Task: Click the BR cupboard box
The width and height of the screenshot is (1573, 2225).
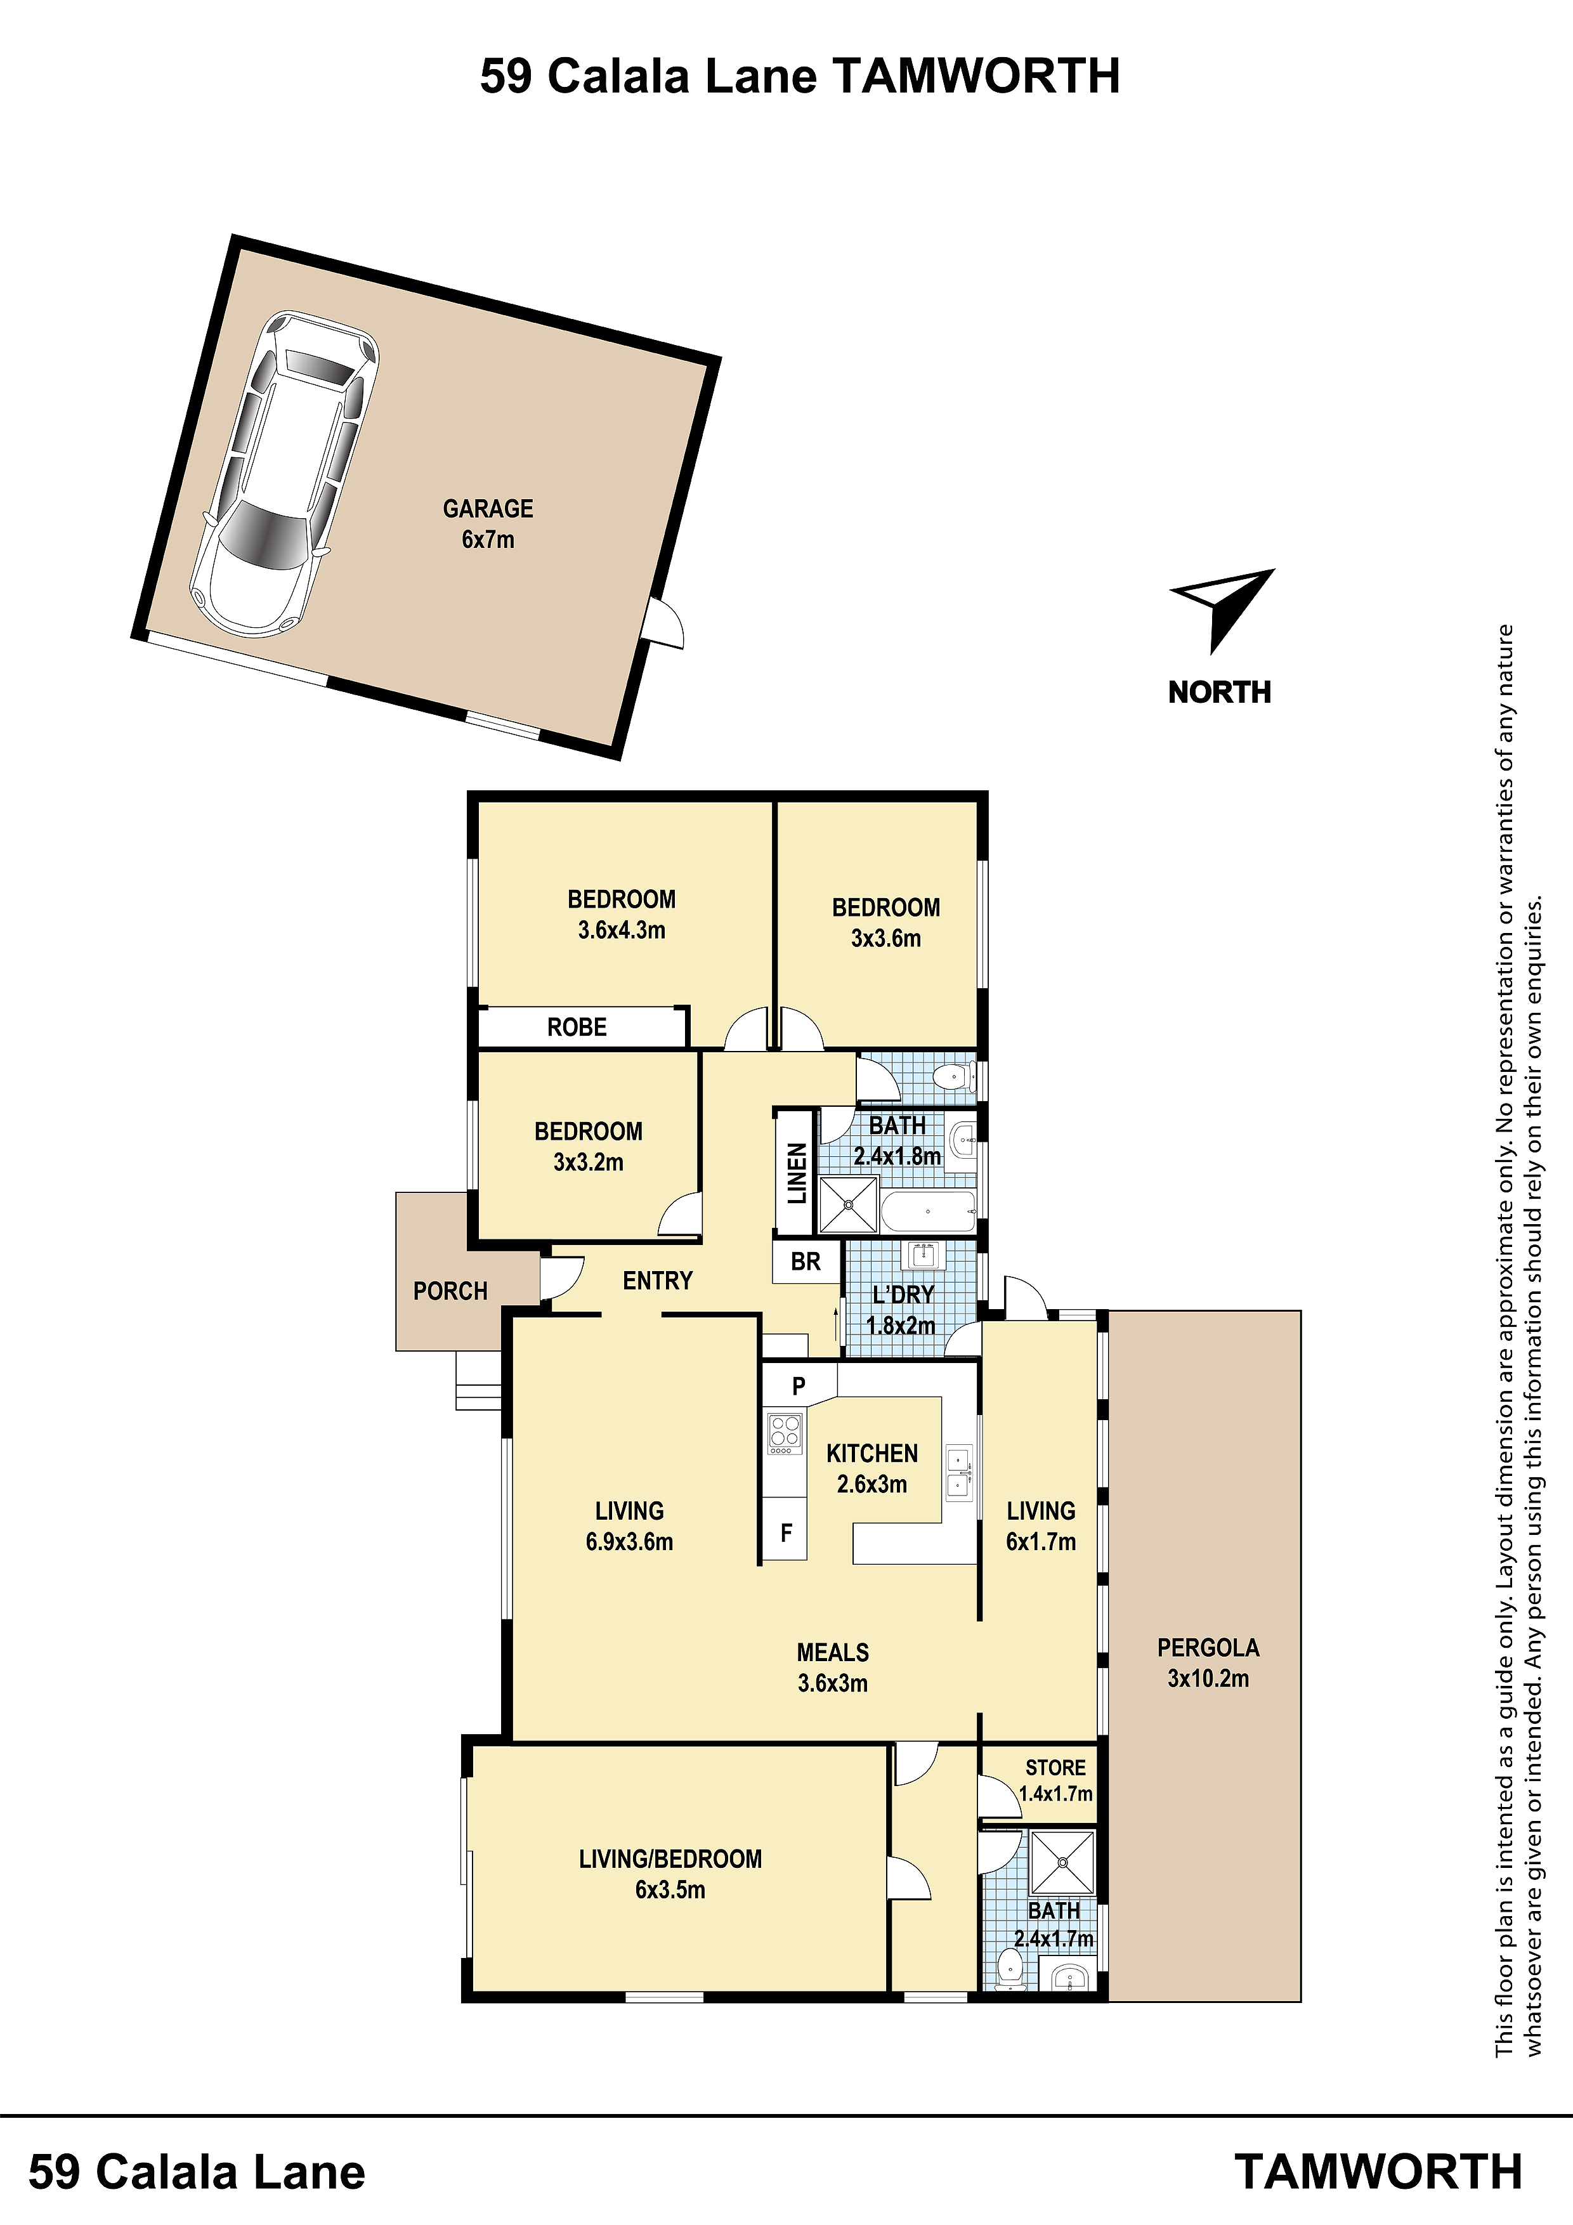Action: [806, 1262]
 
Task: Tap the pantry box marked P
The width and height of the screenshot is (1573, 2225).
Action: [799, 1386]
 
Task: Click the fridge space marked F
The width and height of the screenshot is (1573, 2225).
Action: [785, 1532]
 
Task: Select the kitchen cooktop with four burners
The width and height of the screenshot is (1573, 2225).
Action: [785, 1434]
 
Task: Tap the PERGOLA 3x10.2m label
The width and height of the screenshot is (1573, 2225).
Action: [1208, 1663]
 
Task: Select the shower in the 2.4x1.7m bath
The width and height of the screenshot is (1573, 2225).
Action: [1062, 1862]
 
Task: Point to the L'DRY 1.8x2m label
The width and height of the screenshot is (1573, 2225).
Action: [903, 1309]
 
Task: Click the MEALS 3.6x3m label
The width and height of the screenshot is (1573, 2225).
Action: [833, 1667]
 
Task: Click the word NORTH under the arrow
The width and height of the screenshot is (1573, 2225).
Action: [1219, 692]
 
